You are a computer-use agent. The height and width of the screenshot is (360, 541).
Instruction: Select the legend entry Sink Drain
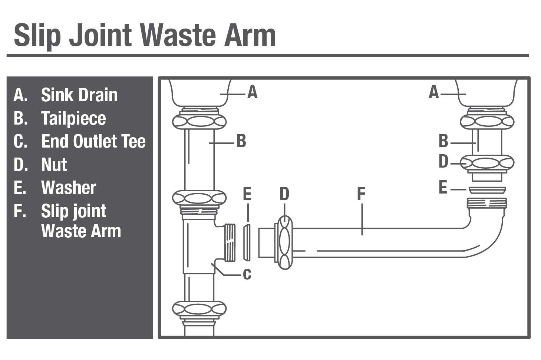pos(79,95)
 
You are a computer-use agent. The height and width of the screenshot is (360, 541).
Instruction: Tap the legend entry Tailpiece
pos(73,118)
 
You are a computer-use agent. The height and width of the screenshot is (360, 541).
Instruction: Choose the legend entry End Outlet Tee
pos(93,141)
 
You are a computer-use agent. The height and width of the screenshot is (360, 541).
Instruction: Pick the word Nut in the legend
pos(54,165)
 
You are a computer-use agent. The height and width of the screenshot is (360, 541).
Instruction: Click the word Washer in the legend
pos(69,188)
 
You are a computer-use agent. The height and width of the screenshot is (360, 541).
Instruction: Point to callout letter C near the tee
pos(247,275)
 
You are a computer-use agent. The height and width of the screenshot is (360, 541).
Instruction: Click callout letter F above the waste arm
pos(361,194)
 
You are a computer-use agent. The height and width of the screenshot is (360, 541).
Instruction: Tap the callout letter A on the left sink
pos(252,92)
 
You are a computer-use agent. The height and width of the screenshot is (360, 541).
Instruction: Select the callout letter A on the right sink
pos(433,92)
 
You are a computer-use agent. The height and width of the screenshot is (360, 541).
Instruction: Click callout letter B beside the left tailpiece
pos(241,141)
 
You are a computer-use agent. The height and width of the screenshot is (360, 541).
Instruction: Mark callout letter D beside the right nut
pos(443,162)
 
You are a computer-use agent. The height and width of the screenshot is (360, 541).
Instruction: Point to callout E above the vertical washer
pos(247,194)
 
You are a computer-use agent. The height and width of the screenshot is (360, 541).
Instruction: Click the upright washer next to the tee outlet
pos(247,242)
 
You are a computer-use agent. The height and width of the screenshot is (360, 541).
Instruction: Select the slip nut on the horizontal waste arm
pos(284,242)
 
